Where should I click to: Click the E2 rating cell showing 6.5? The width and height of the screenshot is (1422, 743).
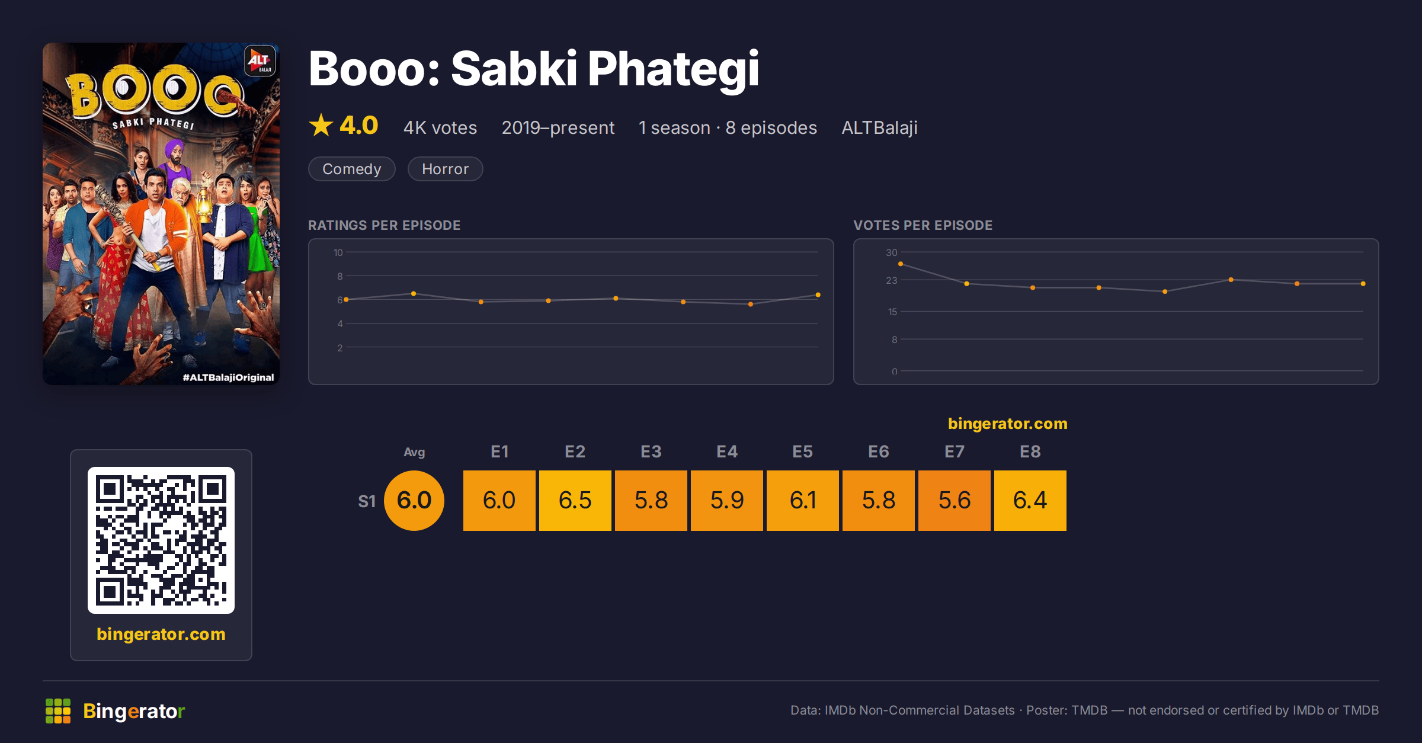575,500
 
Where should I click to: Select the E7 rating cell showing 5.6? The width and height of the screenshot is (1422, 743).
954,500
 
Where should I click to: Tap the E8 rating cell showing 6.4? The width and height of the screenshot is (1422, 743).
1030,500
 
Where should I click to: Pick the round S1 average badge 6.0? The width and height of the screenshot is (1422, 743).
414,500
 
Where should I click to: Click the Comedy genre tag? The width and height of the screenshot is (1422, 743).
352,169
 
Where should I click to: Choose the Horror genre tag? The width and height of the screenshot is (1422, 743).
445,169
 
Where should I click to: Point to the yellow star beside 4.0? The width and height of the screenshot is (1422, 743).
321,125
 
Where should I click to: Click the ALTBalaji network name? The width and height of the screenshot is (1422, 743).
879,127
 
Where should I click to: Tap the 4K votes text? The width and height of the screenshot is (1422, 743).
440,127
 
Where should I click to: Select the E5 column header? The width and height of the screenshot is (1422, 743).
802,451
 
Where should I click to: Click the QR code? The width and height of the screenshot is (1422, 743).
161,540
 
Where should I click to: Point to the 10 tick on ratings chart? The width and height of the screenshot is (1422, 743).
338,252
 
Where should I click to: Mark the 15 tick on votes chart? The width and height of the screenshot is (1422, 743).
892,312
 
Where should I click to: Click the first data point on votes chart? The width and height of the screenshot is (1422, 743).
901,264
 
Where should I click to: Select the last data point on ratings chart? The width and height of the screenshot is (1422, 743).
818,294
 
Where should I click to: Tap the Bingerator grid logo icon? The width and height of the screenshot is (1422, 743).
58,711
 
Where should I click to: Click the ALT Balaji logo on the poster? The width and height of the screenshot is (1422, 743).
260,60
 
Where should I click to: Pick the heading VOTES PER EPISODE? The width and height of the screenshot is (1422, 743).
923,225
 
